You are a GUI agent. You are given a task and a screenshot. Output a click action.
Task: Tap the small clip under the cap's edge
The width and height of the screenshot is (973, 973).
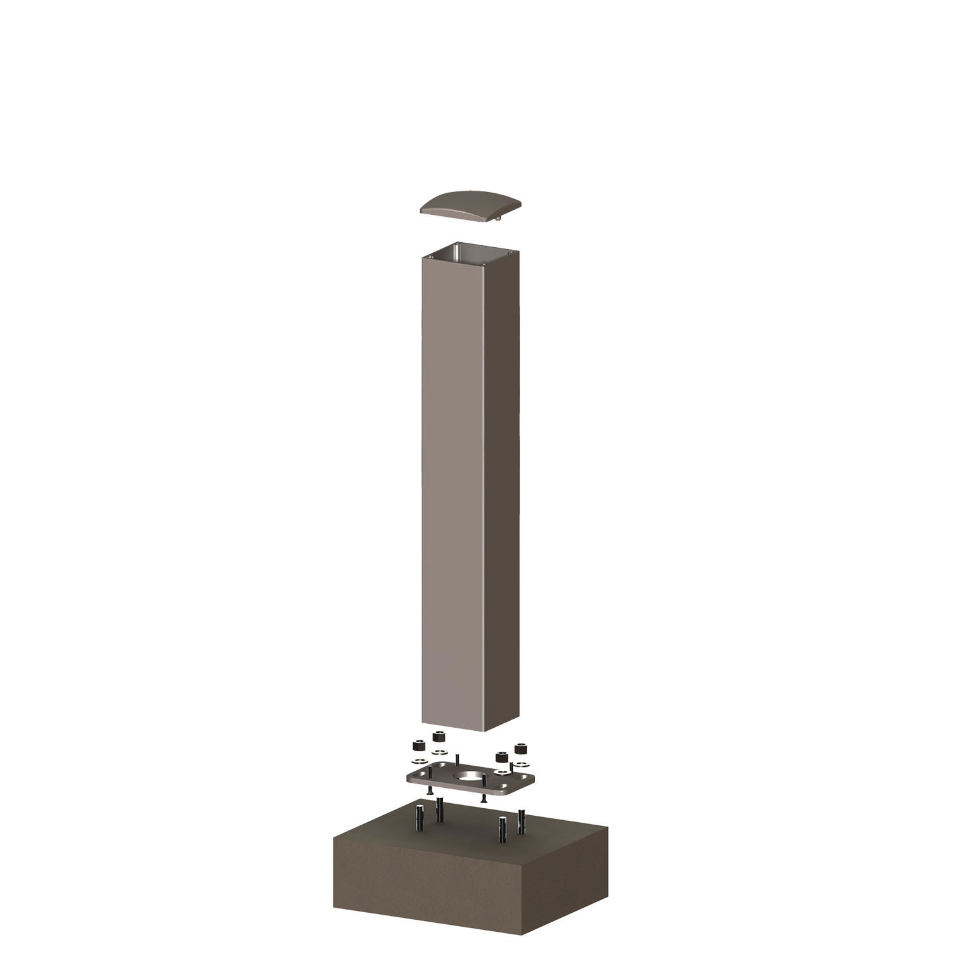(499, 220)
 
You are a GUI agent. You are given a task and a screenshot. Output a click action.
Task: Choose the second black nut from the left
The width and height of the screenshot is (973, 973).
(437, 737)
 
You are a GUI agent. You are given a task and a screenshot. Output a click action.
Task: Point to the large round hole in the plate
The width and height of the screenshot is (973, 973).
(470, 775)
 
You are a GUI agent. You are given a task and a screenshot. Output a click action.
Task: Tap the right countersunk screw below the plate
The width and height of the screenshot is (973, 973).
(483, 796)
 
